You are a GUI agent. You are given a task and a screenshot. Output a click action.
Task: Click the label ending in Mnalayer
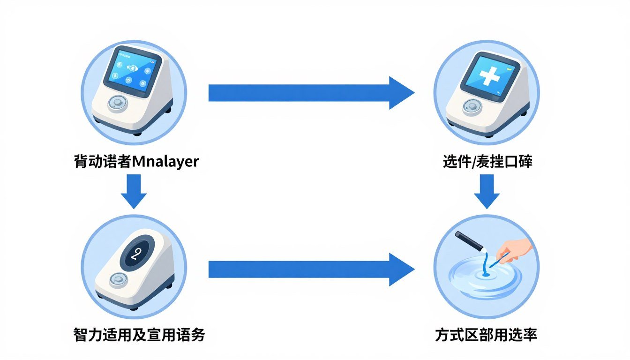[x=136, y=162]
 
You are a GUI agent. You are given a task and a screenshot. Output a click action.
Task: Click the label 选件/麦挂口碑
[x=487, y=162]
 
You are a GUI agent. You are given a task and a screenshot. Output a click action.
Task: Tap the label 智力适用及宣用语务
[x=139, y=335]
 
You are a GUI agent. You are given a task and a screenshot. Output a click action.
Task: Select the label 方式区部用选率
[x=486, y=335]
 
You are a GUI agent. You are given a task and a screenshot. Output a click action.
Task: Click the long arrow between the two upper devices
[x=309, y=93]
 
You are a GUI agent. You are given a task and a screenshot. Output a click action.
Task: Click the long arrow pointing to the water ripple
[x=309, y=269]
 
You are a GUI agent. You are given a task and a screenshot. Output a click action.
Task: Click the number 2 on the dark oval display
[x=136, y=254]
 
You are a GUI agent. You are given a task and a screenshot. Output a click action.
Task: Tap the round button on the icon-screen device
[x=117, y=103]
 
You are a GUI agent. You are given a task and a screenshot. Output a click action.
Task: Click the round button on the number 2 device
[x=117, y=280]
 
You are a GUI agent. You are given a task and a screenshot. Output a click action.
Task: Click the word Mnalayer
[x=166, y=162]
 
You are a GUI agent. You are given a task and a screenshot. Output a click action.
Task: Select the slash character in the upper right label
[x=473, y=162]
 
